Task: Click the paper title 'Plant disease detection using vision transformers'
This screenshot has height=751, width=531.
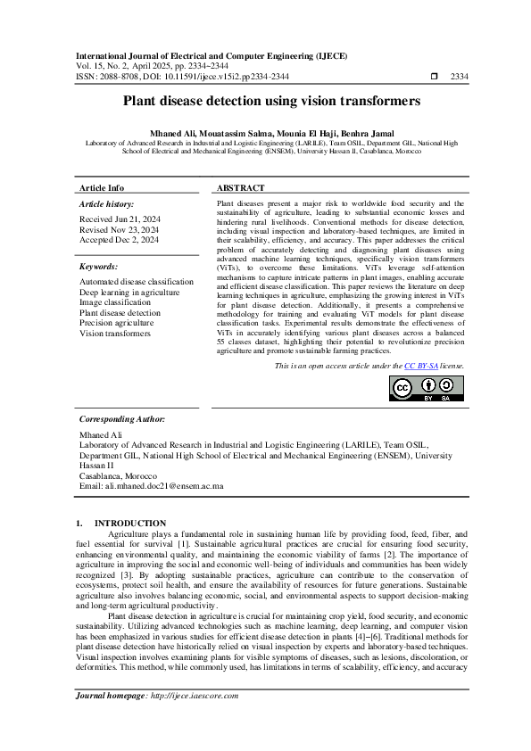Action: pyautogui.click(x=265, y=102)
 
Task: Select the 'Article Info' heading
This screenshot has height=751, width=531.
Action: pyautogui.click(x=102, y=188)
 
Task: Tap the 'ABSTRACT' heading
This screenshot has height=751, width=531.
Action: pyautogui.click(x=240, y=188)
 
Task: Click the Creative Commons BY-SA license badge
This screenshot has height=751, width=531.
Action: pyautogui.click(x=427, y=390)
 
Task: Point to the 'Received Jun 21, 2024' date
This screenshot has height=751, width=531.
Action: pyautogui.click(x=120, y=219)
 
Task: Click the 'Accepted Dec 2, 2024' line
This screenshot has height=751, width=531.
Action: pyautogui.click(x=120, y=240)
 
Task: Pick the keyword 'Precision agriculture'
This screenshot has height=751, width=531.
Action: pyautogui.click(x=117, y=323)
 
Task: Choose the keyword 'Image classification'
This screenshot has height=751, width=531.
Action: pyautogui.click(x=115, y=302)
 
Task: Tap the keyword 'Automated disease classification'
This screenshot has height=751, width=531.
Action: pyautogui.click(x=136, y=282)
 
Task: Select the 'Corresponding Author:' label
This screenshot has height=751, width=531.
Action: pyautogui.click(x=122, y=418)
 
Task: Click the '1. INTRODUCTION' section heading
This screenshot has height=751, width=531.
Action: pyautogui.click(x=120, y=523)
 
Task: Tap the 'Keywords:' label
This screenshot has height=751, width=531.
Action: pyautogui.click(x=99, y=266)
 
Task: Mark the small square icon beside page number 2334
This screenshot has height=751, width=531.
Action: pyautogui.click(x=435, y=78)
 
